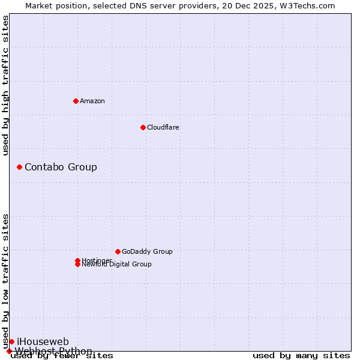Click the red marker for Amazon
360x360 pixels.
click(x=76, y=101)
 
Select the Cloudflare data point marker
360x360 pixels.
click(x=143, y=127)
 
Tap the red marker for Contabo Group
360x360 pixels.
click(x=19, y=167)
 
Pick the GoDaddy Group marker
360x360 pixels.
click(x=118, y=251)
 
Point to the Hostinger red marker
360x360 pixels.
click(x=77, y=260)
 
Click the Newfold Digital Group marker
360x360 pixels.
click(x=77, y=264)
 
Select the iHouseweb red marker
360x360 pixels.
click(x=11, y=341)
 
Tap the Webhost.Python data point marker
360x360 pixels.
click(x=9, y=351)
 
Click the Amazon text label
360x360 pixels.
click(x=92, y=101)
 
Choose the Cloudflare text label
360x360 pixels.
click(x=163, y=127)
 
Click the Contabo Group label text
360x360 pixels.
click(x=61, y=167)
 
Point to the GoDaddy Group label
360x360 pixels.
click(x=147, y=251)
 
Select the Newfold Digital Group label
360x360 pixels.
click(x=116, y=265)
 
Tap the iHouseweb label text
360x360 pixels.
click(x=43, y=341)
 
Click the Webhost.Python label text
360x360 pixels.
click(x=53, y=351)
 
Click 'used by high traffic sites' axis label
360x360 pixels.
click(x=5, y=85)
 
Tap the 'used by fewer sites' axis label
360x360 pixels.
click(x=62, y=356)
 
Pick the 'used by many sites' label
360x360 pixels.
click(x=301, y=356)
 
